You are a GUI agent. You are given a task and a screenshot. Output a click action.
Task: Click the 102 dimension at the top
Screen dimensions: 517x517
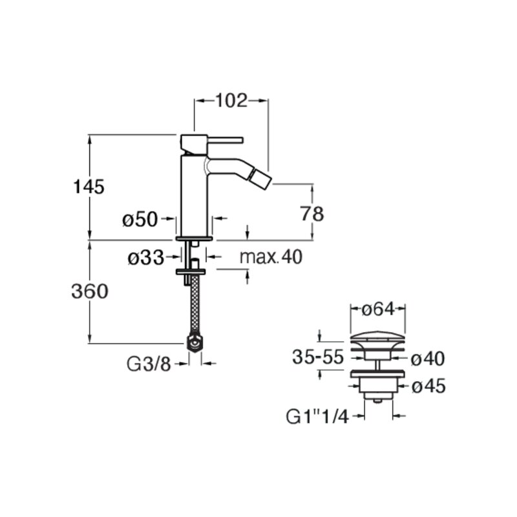tap(231, 101)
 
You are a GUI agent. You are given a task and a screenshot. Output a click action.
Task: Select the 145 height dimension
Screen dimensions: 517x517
tap(89, 187)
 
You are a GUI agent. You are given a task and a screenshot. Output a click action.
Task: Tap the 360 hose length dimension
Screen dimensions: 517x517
tap(90, 291)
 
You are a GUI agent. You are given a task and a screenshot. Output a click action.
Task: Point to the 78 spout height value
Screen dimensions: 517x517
tap(312, 214)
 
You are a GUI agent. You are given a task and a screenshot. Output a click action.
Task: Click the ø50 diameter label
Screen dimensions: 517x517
tap(140, 219)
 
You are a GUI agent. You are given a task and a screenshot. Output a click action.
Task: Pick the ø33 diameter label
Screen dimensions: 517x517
tap(146, 257)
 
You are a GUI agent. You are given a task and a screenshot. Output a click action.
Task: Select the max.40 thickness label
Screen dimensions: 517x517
tap(271, 257)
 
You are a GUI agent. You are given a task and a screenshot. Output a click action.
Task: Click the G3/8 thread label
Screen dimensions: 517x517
tap(149, 364)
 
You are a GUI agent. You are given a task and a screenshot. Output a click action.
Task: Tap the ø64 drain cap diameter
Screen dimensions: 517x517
tap(378, 310)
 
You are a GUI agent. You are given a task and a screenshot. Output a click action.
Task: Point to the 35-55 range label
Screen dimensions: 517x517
tap(318, 357)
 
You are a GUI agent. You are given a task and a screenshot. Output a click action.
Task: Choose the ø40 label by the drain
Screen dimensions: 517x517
tap(428, 359)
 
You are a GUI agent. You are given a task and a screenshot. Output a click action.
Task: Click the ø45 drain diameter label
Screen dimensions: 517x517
tap(428, 386)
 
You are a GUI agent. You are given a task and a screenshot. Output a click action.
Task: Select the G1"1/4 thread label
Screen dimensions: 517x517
tap(317, 417)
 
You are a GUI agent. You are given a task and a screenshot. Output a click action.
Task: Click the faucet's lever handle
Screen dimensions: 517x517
tap(225, 140)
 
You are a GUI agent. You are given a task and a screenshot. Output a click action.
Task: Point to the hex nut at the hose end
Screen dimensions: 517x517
tap(195, 344)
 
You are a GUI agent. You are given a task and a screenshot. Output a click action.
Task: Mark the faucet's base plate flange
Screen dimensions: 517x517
tap(195, 238)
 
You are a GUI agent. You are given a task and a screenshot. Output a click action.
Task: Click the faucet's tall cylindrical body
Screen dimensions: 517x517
tap(194, 196)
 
